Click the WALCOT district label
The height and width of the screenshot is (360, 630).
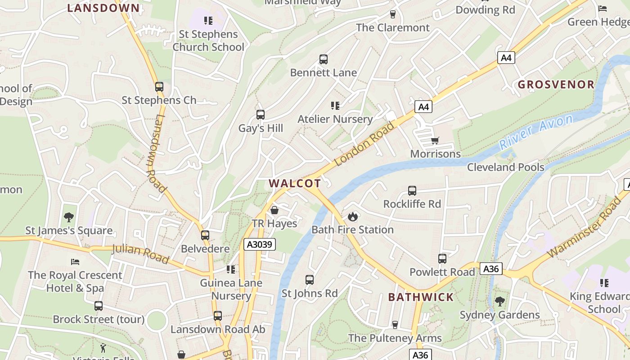[x=295, y=183]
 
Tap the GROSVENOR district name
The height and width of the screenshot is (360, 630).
[x=556, y=85]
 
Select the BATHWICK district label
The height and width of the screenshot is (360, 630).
[x=421, y=297]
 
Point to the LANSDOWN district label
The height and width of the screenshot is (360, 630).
[x=103, y=8]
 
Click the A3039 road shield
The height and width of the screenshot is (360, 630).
[x=260, y=244]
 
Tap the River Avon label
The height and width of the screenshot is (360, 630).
[x=536, y=132]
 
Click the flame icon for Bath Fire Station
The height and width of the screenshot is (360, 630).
[x=353, y=216]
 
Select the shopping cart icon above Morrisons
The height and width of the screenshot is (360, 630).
[x=435, y=141]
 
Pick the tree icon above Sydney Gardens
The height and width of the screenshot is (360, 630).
[x=499, y=301]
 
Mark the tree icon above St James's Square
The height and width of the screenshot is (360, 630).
[x=69, y=217]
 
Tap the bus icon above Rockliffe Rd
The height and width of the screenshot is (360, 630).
[x=412, y=191]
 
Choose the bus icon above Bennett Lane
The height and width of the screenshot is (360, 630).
[x=324, y=59]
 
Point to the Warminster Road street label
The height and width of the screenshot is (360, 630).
[x=584, y=229]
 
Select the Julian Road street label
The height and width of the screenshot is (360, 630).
[x=140, y=253]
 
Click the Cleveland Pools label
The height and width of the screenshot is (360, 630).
[x=505, y=167]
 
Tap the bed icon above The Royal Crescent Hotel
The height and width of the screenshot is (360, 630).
[x=75, y=261]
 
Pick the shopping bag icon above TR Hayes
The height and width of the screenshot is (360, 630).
[x=274, y=210]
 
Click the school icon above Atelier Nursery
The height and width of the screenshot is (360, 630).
[x=335, y=106]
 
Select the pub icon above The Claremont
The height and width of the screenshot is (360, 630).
[x=393, y=14]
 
